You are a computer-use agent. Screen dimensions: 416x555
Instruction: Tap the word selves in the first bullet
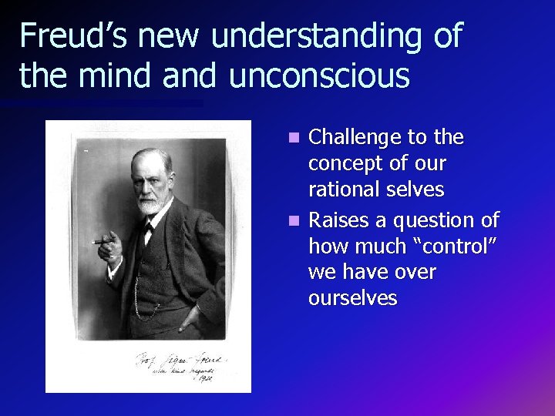click(418, 190)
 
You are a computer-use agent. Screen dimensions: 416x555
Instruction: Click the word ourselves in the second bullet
click(352, 298)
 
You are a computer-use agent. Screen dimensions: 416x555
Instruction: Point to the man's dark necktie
click(148, 228)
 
